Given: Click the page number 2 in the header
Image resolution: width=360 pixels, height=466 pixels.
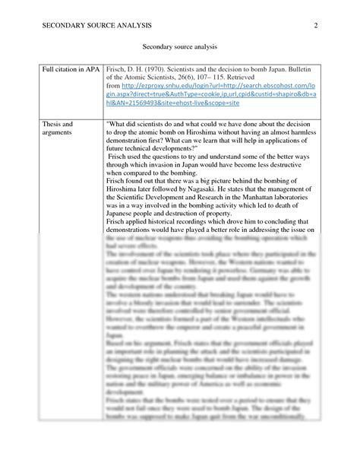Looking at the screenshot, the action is pos(315,27).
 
